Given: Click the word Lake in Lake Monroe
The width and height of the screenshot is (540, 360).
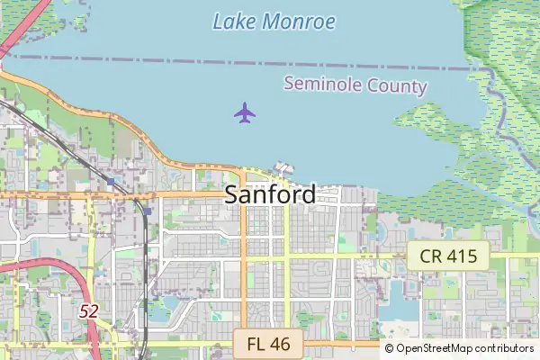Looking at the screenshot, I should [232, 21].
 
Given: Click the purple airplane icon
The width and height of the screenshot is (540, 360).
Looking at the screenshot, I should [245, 113].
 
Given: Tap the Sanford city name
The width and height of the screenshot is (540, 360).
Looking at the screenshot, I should [270, 193].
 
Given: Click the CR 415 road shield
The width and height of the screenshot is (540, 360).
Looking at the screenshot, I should [447, 256].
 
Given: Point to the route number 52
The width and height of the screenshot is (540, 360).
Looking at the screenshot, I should [88, 311].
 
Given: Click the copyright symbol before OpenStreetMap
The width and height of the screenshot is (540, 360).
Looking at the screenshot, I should [390, 348].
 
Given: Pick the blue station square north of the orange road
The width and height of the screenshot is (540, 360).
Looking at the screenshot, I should [110, 182].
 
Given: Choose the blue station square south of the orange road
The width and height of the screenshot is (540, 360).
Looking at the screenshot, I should [147, 211].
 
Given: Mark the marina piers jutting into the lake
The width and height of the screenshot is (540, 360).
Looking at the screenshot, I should [283, 168].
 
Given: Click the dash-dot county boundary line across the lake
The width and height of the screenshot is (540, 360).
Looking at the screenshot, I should [180, 62].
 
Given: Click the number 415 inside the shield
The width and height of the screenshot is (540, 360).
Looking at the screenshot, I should [460, 256].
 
